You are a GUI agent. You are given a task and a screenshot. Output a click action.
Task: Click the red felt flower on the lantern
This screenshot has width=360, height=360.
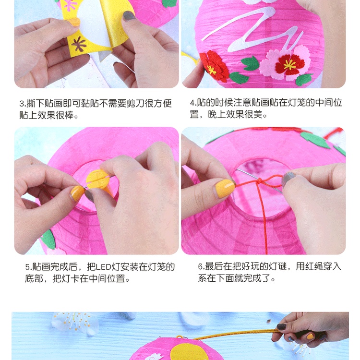click(x=215, y=66)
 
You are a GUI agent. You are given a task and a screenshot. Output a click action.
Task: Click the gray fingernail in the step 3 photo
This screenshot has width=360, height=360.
click(x=129, y=16)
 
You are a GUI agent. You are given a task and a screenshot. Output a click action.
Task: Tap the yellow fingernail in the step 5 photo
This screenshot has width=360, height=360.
click(x=77, y=193)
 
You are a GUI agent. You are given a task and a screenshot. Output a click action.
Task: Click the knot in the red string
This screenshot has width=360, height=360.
click(x=260, y=183)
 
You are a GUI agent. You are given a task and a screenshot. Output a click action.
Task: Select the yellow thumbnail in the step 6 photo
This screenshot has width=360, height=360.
click(x=224, y=188)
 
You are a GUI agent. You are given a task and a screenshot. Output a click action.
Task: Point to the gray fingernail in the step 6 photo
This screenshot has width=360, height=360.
click(x=288, y=179)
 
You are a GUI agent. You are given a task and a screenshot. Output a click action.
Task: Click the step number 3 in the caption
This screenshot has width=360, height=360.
click(x=22, y=104)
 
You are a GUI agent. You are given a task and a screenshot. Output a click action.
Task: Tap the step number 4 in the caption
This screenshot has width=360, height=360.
click(x=192, y=103)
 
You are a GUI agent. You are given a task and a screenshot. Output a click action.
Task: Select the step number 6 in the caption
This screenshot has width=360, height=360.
click(x=201, y=266)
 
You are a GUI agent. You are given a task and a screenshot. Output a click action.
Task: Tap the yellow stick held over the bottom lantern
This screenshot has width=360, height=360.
click(x=235, y=333)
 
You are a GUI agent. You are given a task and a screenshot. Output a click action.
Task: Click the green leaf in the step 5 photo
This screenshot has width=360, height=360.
click(x=48, y=239)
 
